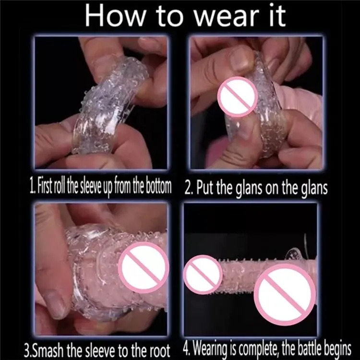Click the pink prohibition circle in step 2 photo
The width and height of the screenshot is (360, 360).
[238, 97]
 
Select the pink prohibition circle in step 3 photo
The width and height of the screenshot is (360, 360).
[144, 268]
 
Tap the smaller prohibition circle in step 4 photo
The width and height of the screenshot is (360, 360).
[203, 275]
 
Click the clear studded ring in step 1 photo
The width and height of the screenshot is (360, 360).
[108, 106]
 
